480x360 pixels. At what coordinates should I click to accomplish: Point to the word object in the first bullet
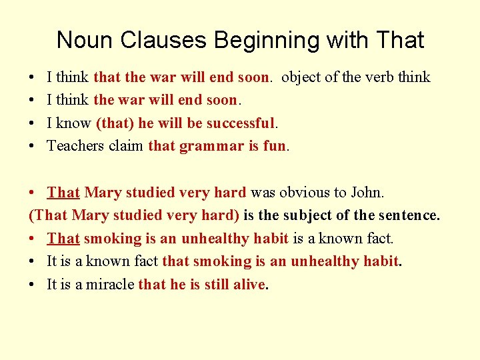tap(301, 77)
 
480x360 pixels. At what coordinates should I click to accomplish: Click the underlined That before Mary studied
tap(63, 193)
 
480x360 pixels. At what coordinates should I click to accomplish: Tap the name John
tap(366, 193)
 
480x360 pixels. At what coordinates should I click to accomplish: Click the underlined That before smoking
tap(63, 238)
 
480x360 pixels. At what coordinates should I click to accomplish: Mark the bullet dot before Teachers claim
tap(33, 146)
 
